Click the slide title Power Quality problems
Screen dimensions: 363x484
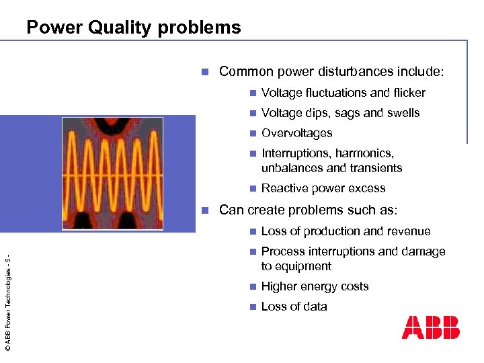(x=133, y=28)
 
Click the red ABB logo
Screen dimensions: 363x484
(x=430, y=327)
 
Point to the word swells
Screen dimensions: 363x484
(x=402, y=113)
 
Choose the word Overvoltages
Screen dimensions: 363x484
(x=296, y=133)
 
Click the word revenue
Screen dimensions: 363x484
(x=407, y=231)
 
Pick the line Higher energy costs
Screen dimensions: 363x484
(x=315, y=286)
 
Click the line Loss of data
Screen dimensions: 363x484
(x=294, y=307)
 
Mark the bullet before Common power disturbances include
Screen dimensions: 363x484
(x=209, y=71)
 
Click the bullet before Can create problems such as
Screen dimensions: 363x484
(x=209, y=210)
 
